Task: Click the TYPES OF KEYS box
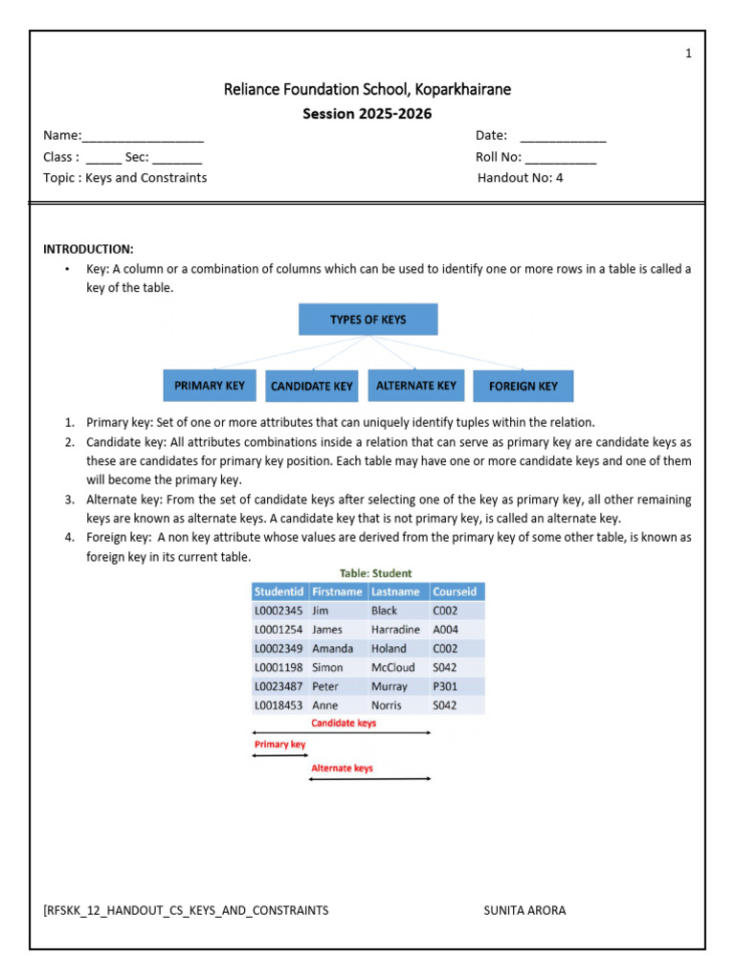coord(367,320)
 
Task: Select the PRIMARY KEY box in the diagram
coord(210,386)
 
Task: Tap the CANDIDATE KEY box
coord(312,387)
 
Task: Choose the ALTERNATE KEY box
coord(416,386)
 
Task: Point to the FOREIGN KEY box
coord(523,387)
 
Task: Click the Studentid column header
coord(278,591)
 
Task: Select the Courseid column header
coord(456,591)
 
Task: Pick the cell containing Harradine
coord(394,630)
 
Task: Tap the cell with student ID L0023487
coord(278,686)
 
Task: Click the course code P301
coord(446,686)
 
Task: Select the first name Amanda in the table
coord(332,648)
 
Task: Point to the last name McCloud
coord(392,667)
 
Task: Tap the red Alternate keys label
coord(342,768)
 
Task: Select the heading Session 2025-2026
coord(367,114)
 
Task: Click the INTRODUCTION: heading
coord(88,249)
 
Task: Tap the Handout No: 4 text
coord(521,178)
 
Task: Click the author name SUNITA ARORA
coord(524,910)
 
